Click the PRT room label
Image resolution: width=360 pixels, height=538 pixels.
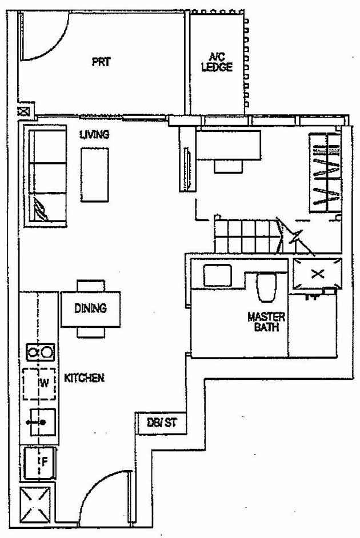pyautogui.click(x=101, y=62)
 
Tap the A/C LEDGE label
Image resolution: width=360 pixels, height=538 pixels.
pyautogui.click(x=218, y=62)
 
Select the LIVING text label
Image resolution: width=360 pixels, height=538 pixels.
pyautogui.click(x=94, y=135)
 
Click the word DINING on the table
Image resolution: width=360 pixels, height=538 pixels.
pyautogui.click(x=90, y=308)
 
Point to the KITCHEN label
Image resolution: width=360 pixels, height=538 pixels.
pyautogui.click(x=83, y=378)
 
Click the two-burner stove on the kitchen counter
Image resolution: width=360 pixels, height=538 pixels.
pyautogui.click(x=39, y=352)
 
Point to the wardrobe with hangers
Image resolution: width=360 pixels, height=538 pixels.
pyautogui.click(x=326, y=172)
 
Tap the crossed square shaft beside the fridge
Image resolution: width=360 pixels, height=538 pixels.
pyautogui.click(x=35, y=506)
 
